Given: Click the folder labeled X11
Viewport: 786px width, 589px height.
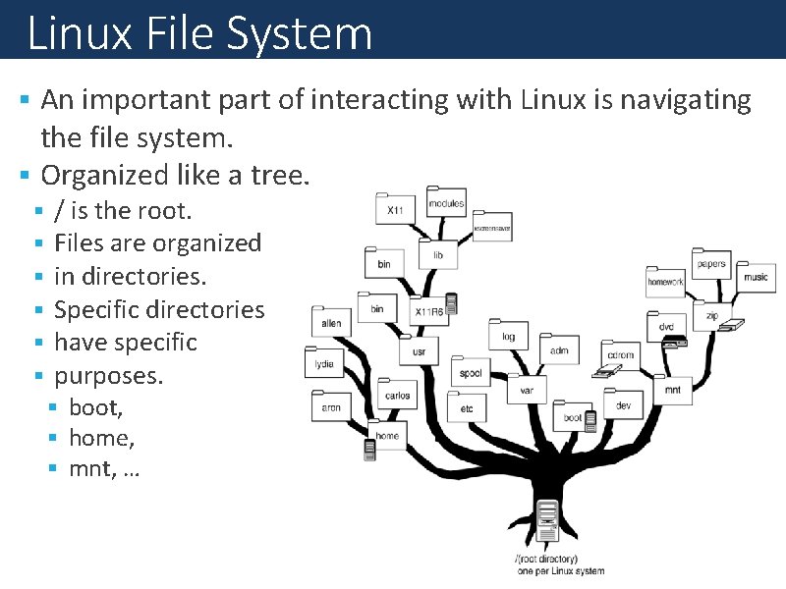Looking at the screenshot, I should (394, 208).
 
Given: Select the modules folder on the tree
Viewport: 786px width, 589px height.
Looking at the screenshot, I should (445, 202).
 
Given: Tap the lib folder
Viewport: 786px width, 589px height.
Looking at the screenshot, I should (437, 253).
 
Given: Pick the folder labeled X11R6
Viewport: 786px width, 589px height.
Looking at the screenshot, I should (428, 310).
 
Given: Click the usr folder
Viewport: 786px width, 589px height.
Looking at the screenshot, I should (419, 349).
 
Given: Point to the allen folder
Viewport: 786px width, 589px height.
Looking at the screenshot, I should (331, 321).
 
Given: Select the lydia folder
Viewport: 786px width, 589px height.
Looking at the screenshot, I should (324, 362).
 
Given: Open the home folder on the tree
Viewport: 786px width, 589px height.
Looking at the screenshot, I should (387, 434).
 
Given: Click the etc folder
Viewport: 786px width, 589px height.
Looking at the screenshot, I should (467, 406).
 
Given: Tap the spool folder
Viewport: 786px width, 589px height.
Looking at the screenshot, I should (471, 372).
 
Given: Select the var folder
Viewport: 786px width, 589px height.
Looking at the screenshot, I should (527, 389).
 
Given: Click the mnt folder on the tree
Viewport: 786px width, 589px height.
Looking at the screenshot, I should (672, 388).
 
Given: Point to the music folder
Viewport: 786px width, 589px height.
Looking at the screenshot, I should (755, 276).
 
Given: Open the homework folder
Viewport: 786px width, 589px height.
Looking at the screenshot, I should (665, 281).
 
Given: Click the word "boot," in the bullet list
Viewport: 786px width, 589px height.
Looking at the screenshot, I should (95, 406).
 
